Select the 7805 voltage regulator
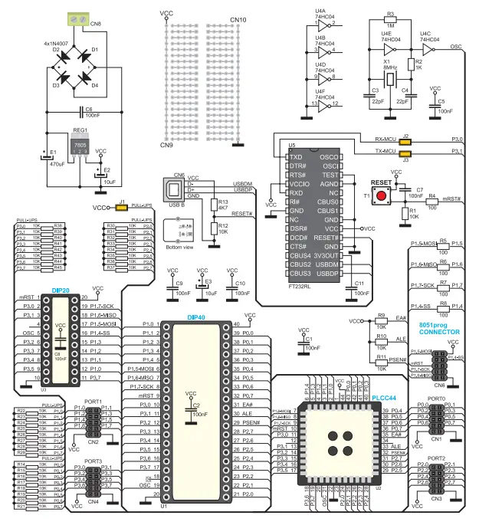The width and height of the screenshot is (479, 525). (80, 145)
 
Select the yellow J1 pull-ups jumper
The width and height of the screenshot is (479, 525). (122, 207)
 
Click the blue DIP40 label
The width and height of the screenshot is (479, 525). (197, 317)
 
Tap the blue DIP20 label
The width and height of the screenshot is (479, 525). (61, 290)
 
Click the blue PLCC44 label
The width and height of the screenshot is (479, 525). (382, 398)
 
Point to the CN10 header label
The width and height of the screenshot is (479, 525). (238, 20)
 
